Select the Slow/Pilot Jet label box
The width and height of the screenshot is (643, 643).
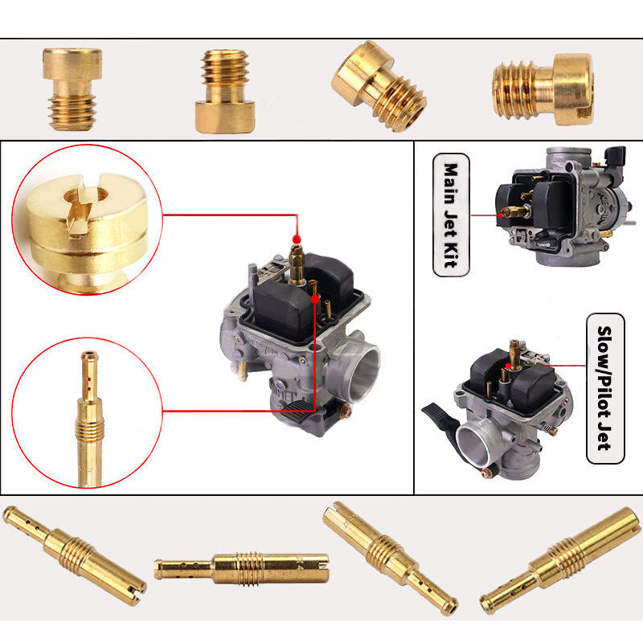(x=605, y=388)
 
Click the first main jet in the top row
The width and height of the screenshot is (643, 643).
(x=72, y=89)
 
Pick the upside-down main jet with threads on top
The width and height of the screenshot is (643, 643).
(x=225, y=91)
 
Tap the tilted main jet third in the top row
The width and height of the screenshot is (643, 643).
(x=379, y=86)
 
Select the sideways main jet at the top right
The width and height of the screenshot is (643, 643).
(x=543, y=89)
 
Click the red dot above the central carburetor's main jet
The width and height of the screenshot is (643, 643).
(x=297, y=239)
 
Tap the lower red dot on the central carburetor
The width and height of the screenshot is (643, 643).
(x=314, y=299)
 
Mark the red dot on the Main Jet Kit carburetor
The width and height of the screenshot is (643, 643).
(x=500, y=215)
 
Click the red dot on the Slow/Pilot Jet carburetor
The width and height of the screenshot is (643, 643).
(x=508, y=366)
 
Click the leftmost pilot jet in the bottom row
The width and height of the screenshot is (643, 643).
(x=74, y=555)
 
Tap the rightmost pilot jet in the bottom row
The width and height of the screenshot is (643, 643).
(x=560, y=560)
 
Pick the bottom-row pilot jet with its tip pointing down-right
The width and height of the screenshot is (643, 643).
(x=390, y=559)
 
